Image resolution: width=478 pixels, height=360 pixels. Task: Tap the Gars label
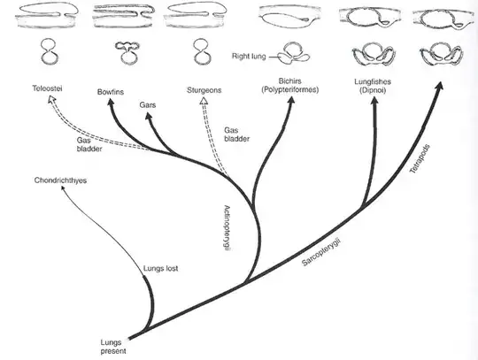(x=147, y=104)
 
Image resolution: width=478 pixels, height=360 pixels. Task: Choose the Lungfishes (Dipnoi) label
(x=366, y=87)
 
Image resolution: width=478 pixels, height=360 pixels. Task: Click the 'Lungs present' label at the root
(x=114, y=344)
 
